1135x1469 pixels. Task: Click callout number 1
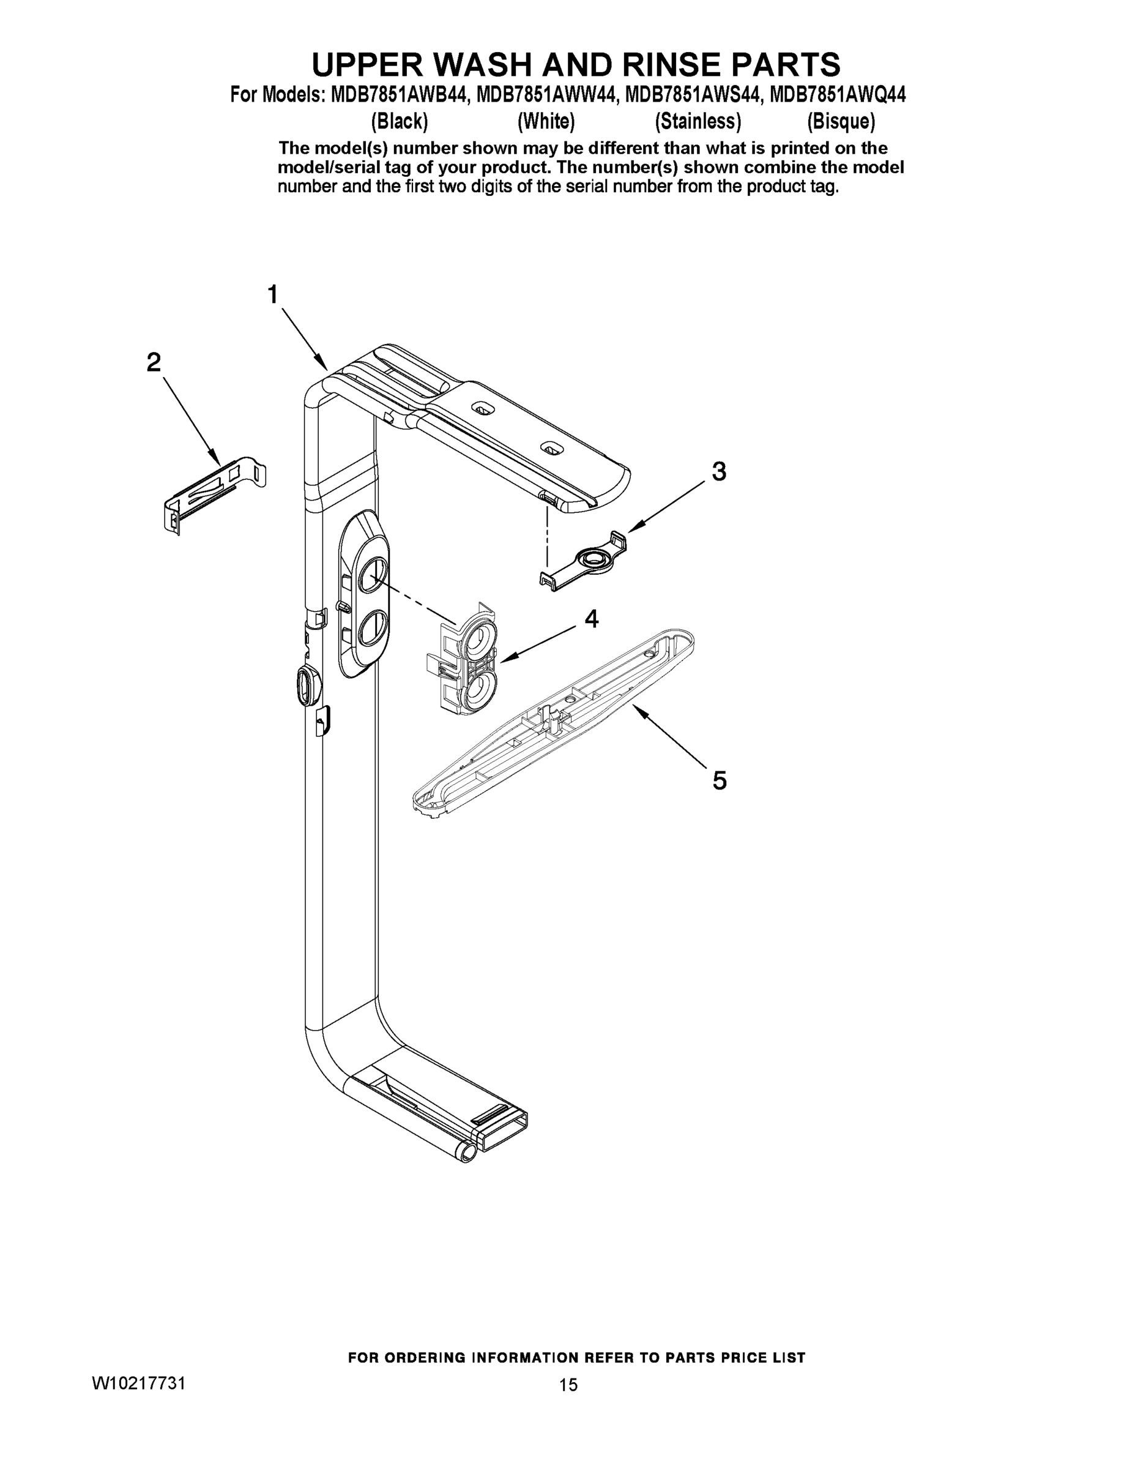pos(272,294)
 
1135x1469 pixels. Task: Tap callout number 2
pos(154,363)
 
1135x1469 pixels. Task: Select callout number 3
pos(719,471)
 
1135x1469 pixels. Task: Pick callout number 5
pos(720,781)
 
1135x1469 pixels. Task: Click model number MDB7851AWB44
pos(400,95)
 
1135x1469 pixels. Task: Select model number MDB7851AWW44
pos(546,95)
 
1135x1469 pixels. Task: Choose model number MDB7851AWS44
pos(694,95)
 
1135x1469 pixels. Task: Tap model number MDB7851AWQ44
pos(838,95)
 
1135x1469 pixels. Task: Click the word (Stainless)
pos(698,122)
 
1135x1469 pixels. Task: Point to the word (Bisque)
pos(841,122)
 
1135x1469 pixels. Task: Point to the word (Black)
pos(400,122)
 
